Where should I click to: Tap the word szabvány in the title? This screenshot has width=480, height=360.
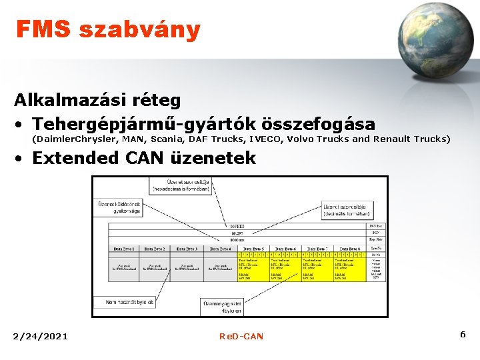point(139,30)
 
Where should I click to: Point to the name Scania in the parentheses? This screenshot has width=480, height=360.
point(169,139)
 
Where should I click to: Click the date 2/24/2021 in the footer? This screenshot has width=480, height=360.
point(40,336)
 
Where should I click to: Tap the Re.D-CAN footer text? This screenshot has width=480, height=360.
point(241,336)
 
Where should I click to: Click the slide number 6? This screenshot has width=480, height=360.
point(462,333)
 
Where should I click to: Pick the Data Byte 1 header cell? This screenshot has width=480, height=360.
point(124,249)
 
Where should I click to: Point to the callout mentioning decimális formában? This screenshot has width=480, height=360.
point(347,211)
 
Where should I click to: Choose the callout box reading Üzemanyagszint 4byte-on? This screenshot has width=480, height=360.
point(222,307)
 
